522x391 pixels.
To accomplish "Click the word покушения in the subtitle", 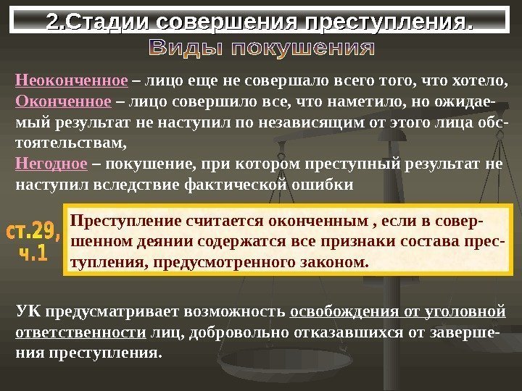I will point(308,51).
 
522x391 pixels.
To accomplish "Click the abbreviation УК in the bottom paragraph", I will point(27,312).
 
